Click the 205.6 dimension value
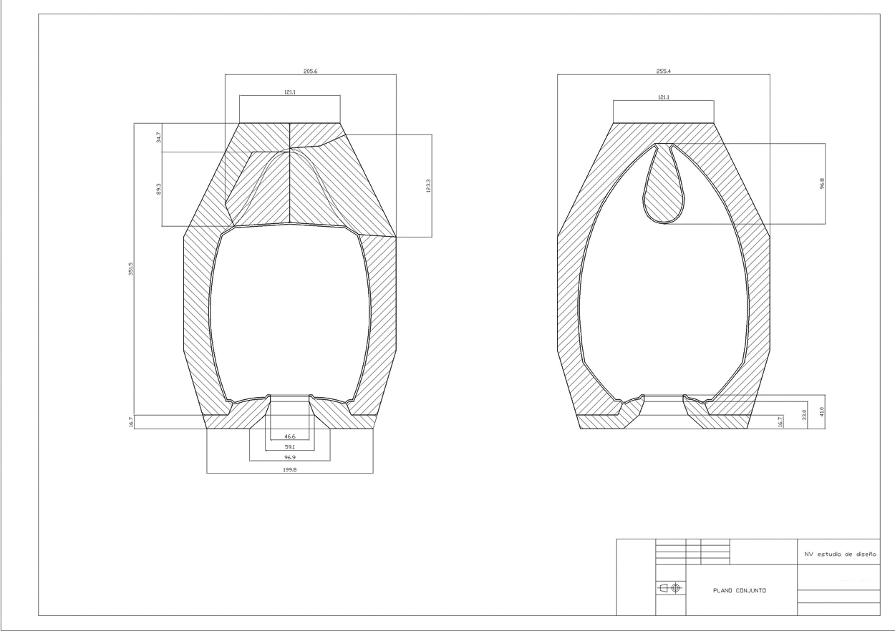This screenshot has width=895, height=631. [311, 72]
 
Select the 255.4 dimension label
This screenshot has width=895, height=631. [663, 72]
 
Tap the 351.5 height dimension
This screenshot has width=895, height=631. [131, 272]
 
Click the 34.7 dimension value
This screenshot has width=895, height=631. [158, 137]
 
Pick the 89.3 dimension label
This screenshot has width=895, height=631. [158, 188]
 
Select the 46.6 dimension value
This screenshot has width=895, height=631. [290, 436]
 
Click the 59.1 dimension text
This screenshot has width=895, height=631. [290, 447]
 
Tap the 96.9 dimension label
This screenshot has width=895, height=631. [290, 456]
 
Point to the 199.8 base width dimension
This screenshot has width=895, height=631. [290, 470]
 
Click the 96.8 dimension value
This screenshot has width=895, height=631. [822, 183]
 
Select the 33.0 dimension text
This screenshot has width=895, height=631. [804, 415]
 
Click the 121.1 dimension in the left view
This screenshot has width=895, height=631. [290, 93]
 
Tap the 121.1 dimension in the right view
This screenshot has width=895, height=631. [663, 97]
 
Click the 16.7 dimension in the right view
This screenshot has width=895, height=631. [780, 421]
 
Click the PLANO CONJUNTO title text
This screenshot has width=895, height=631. [740, 590]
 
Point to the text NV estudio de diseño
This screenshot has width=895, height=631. [840, 553]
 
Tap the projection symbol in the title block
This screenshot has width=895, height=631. [670, 588]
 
